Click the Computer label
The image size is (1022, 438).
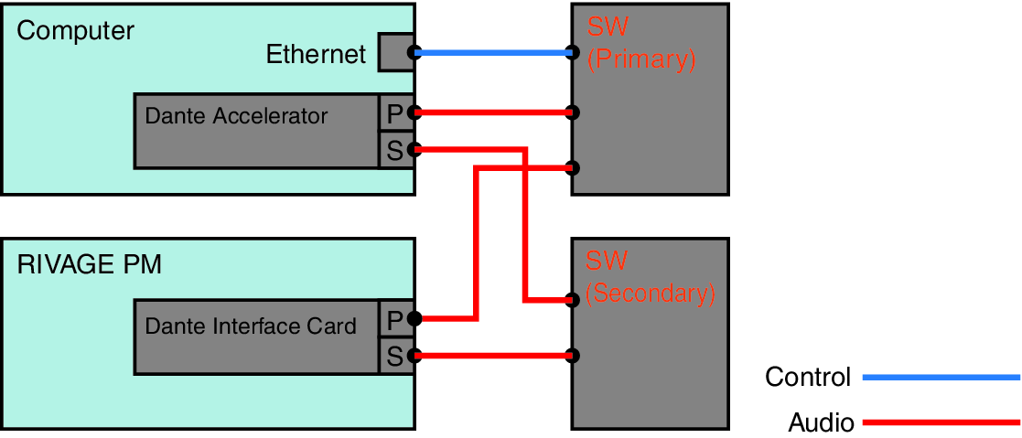tap(75, 30)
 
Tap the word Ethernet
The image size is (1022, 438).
tap(316, 55)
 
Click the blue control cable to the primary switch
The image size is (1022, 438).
tap(494, 53)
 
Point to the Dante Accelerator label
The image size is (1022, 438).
tap(236, 116)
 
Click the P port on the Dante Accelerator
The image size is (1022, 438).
tap(394, 113)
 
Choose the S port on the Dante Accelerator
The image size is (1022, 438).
tap(394, 150)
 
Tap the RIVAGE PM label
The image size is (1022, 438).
tap(89, 265)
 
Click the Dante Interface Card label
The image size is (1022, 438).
tap(251, 326)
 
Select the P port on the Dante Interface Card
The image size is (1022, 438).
tap(394, 319)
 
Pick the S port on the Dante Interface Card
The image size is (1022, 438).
tap(394, 356)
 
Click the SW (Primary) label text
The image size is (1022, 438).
tap(640, 45)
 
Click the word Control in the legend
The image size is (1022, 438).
tap(808, 377)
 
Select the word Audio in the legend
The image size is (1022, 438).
tap(821, 422)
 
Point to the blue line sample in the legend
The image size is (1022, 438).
tap(941, 377)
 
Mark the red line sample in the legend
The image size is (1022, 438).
tap(941, 422)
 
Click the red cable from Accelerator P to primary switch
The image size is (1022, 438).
tap(494, 112)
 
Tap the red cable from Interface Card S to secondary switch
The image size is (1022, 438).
tap(494, 356)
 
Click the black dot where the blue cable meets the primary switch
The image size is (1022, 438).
tap(573, 53)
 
